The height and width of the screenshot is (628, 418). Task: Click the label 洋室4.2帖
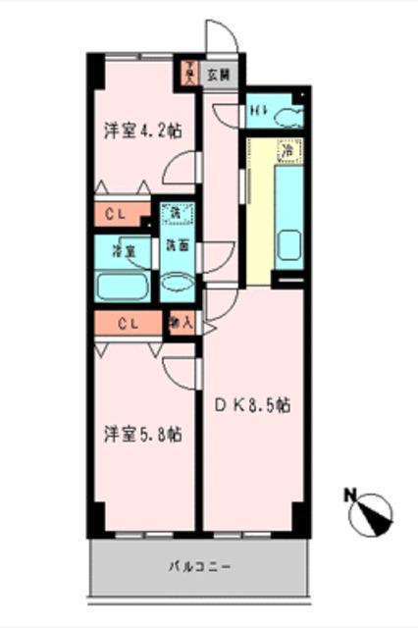[x=142, y=131]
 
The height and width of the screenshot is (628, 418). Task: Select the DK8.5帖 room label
[x=251, y=403]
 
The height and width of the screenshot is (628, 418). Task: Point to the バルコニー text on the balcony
[x=198, y=567]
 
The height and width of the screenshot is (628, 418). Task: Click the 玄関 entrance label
[x=219, y=74]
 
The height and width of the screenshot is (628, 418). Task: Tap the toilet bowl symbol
[x=287, y=118]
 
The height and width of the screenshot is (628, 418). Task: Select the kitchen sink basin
[x=287, y=244]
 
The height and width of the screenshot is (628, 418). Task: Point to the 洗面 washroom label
[x=177, y=246]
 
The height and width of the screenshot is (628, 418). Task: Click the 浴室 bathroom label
[x=123, y=251]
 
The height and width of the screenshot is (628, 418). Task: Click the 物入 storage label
[x=181, y=321]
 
